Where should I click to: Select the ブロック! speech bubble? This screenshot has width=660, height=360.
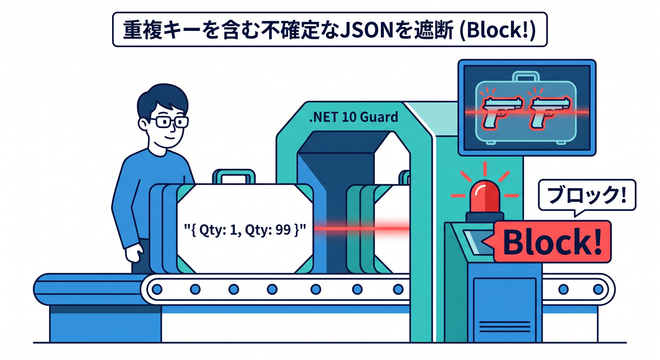[587, 196]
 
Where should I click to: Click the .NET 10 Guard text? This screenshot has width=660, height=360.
[353, 117]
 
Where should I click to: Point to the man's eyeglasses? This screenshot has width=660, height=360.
[169, 122]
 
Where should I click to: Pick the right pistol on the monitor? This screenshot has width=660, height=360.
[549, 112]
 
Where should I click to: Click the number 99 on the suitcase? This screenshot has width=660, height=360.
[283, 229]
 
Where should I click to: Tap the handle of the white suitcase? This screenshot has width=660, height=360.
[233, 177]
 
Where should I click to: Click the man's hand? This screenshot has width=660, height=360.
[135, 253]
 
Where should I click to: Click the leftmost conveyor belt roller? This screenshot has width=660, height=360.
[157, 289]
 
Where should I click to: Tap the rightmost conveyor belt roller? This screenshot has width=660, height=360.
[598, 289]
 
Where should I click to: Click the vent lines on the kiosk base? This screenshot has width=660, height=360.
[505, 327]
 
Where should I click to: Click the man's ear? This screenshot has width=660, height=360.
[144, 124]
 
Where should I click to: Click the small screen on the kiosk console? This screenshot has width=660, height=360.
[479, 241]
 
